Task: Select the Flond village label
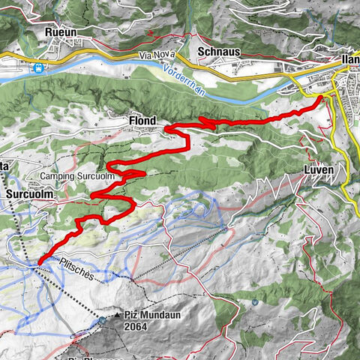coord(142,120)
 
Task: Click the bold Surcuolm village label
coord(28,193)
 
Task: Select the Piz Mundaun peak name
coord(145,316)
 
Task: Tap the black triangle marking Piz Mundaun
coord(118,316)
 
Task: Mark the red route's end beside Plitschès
coord(39,261)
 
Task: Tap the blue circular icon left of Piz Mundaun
coord(102,320)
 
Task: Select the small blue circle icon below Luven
coord(255,303)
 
